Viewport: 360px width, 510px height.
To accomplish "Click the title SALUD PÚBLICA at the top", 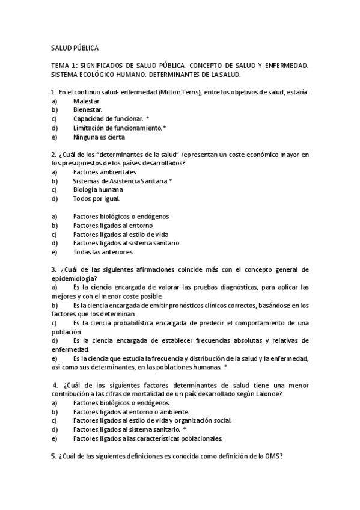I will point(75,48).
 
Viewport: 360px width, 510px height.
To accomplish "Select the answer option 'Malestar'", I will point(87,101).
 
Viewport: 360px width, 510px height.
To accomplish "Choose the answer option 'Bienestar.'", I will point(88,110).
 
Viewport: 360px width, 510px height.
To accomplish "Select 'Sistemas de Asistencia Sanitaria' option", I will point(120,181).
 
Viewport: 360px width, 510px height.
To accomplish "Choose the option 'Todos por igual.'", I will point(96,198).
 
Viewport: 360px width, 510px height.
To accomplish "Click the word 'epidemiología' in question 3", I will point(73,278).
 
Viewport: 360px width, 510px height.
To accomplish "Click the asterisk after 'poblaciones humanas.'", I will point(225,367).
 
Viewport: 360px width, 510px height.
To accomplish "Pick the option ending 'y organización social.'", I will point(152,420).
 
